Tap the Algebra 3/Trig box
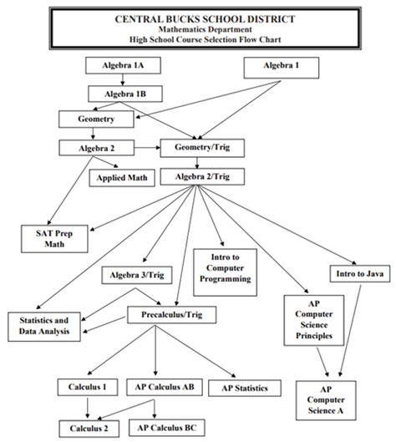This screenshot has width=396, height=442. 139,275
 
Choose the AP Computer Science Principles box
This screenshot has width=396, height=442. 313,322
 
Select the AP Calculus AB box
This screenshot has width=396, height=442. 164,387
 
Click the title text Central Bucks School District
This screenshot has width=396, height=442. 198,18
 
